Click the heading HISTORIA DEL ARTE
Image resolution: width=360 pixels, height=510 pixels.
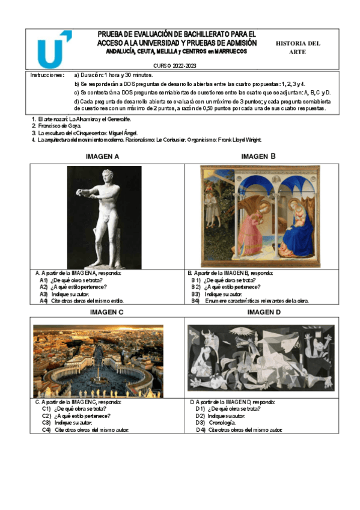(x=298, y=48)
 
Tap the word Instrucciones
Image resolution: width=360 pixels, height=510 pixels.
(x=47, y=76)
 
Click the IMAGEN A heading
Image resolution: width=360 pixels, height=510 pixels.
(x=103, y=157)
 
